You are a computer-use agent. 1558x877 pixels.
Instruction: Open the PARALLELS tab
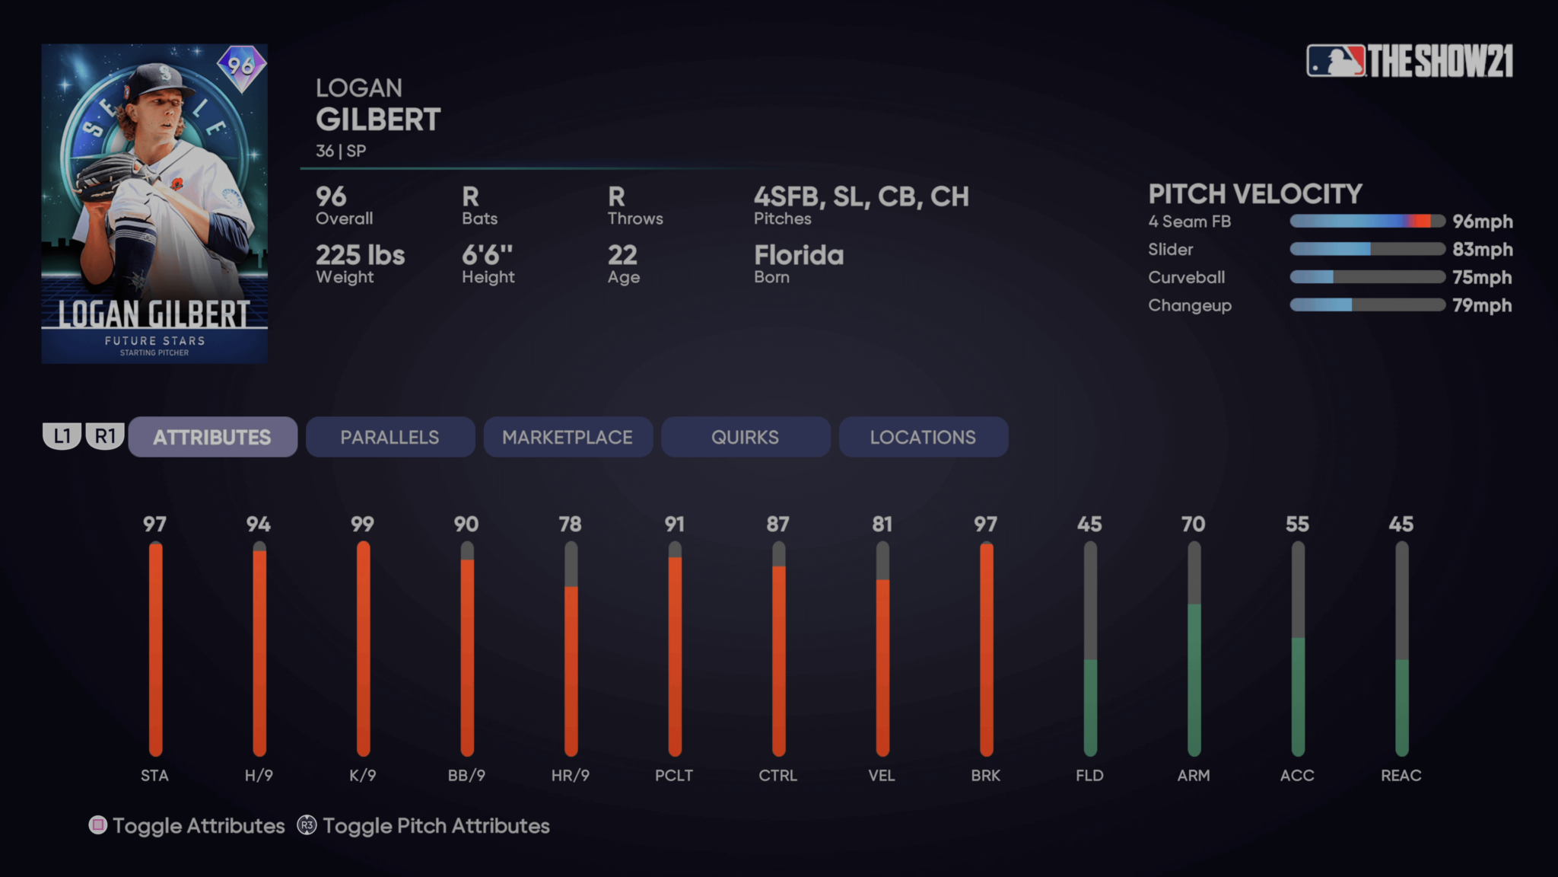(x=390, y=437)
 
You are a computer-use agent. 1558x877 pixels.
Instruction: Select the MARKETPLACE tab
(x=568, y=437)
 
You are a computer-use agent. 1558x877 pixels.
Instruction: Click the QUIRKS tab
(x=746, y=437)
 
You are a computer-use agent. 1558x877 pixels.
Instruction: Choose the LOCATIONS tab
(x=923, y=437)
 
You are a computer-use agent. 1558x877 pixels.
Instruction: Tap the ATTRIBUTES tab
(x=212, y=437)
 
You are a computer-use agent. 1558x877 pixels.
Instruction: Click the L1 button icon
(x=62, y=436)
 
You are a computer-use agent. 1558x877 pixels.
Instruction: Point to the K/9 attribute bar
(x=363, y=647)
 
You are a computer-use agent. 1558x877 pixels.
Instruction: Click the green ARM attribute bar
(x=1194, y=678)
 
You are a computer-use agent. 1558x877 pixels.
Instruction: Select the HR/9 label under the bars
(x=571, y=775)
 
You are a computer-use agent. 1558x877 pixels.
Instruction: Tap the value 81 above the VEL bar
(x=882, y=524)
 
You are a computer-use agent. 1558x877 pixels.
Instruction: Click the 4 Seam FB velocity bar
(x=1367, y=222)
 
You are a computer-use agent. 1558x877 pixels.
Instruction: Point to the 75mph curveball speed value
(x=1482, y=277)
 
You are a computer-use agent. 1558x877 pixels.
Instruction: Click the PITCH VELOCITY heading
(x=1255, y=194)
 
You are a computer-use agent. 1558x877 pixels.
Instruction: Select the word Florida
(x=799, y=255)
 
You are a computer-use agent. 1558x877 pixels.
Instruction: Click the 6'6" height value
(x=488, y=255)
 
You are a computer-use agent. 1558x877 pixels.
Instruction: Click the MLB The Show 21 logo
(x=1410, y=61)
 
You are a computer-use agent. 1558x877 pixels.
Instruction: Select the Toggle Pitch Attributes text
(x=436, y=826)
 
